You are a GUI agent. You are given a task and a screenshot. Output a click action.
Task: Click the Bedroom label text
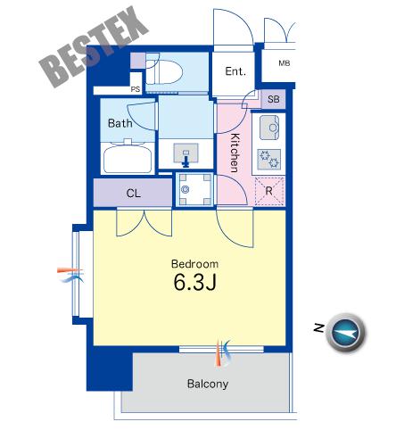click(x=194, y=264)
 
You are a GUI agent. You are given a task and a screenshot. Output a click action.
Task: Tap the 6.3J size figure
click(x=194, y=282)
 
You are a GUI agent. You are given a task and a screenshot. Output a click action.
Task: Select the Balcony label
click(x=208, y=384)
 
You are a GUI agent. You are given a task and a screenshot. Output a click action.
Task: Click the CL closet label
click(x=133, y=194)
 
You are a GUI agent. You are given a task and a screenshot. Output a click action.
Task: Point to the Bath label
click(x=120, y=123)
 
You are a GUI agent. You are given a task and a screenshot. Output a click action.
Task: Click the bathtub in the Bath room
click(x=128, y=157)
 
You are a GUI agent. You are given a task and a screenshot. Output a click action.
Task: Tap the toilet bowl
click(x=164, y=71)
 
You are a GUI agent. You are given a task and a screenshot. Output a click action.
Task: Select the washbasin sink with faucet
click(x=186, y=153)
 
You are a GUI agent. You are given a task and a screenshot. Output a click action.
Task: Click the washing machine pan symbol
click(x=194, y=189)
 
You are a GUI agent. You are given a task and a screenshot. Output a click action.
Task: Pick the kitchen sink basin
click(x=269, y=128)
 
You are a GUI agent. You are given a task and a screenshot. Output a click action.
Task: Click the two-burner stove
click(x=269, y=159)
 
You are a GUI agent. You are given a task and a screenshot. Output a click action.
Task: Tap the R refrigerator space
click(x=269, y=191)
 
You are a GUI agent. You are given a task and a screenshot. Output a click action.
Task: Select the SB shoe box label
click(x=273, y=99)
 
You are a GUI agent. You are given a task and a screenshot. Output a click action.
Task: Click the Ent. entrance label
click(x=235, y=71)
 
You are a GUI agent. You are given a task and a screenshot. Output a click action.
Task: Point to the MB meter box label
click(x=285, y=63)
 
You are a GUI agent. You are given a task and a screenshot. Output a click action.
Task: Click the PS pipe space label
click(x=136, y=89)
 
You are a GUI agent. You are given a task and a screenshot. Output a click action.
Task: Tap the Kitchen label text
click(x=235, y=153)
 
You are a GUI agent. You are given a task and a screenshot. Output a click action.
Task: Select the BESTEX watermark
click(x=95, y=46)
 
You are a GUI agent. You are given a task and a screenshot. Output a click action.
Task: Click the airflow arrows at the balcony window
click(x=223, y=353)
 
